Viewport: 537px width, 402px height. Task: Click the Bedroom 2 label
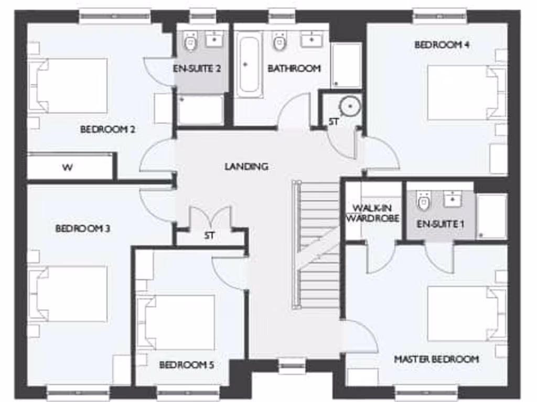tap(108, 129)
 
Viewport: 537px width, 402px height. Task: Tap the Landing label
tap(246, 166)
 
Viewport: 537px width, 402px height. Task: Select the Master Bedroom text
tap(436, 359)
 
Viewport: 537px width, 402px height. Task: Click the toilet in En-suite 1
tap(424, 200)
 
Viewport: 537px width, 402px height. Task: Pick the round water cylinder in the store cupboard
tap(350, 107)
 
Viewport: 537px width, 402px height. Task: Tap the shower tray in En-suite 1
tap(492, 216)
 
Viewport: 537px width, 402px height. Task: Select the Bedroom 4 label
tap(442, 45)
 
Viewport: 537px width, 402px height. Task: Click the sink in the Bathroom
tap(313, 40)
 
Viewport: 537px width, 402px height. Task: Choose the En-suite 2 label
tap(197, 69)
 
